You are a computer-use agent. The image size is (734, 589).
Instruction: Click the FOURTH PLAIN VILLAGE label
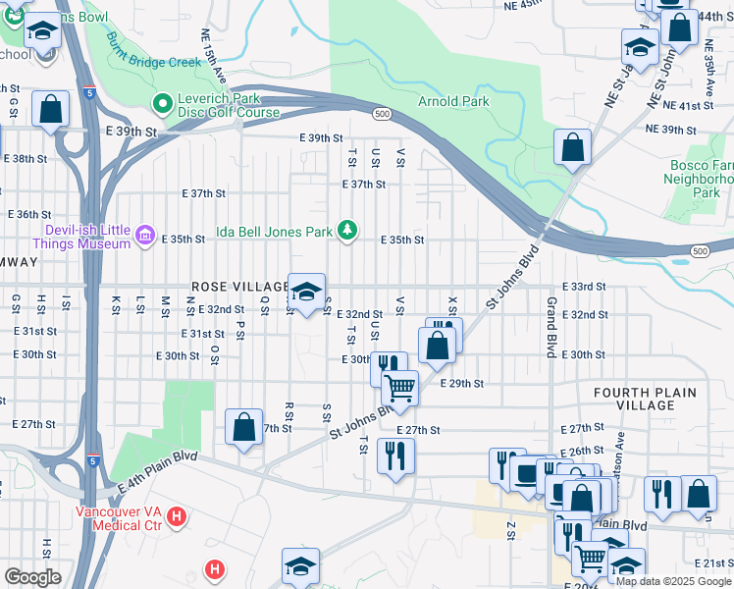[x=645, y=399]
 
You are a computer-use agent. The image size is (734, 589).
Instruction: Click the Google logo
[x=32, y=577]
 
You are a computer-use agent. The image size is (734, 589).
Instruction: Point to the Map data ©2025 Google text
[x=672, y=581]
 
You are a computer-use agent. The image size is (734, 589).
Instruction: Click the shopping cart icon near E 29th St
[x=400, y=389]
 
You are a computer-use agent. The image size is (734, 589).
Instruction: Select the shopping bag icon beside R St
[x=243, y=428]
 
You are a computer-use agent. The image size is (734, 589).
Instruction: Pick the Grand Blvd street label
[x=552, y=327]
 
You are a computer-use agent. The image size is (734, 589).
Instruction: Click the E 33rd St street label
[x=588, y=286]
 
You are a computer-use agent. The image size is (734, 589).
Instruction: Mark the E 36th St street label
[x=29, y=214]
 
